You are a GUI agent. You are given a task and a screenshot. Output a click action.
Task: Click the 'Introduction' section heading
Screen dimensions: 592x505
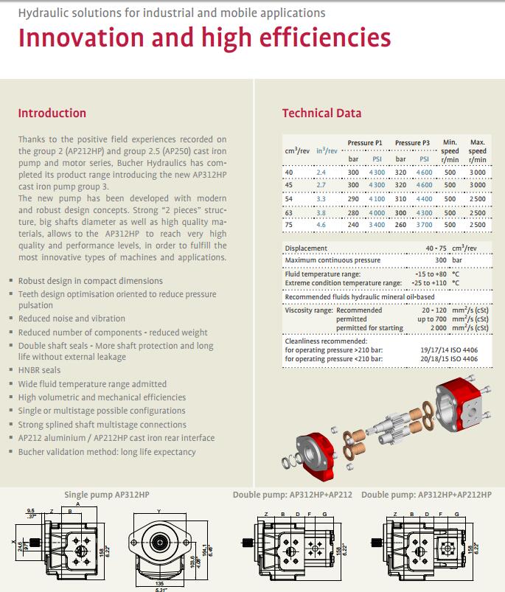point(52,114)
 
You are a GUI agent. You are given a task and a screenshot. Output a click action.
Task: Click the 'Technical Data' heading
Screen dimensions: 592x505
point(321,114)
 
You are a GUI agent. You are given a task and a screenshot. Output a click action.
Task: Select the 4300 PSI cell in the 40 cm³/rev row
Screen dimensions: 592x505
point(377,172)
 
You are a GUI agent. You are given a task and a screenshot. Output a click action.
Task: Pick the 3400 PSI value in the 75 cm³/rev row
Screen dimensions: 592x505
point(377,224)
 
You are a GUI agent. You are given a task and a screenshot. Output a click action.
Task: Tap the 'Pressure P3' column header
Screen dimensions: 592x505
point(412,142)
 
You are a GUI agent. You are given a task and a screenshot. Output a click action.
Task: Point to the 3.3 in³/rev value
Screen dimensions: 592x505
point(321,198)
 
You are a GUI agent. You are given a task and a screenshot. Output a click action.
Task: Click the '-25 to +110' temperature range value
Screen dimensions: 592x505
point(432,283)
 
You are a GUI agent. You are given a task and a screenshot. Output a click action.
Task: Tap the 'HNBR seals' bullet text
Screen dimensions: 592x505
point(40,370)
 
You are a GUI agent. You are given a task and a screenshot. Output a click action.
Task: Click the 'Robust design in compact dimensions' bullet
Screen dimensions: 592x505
point(90,281)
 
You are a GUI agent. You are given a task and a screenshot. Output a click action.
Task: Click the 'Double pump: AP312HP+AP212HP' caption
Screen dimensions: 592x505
point(426,495)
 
